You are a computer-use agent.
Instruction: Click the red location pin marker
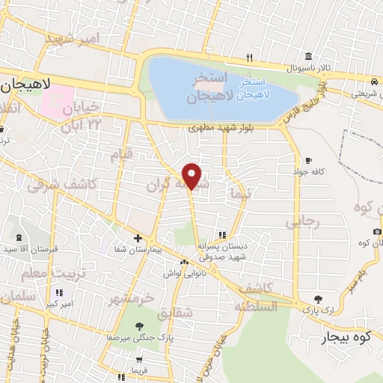pyautogui.click(x=192, y=176)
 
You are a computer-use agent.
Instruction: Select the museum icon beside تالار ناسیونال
pyautogui.click(x=308, y=56)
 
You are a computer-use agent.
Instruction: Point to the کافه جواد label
pyautogui.click(x=308, y=172)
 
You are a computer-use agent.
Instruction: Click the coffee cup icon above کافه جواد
pyautogui.click(x=308, y=160)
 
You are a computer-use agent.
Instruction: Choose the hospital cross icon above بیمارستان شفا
pyautogui.click(x=138, y=238)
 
